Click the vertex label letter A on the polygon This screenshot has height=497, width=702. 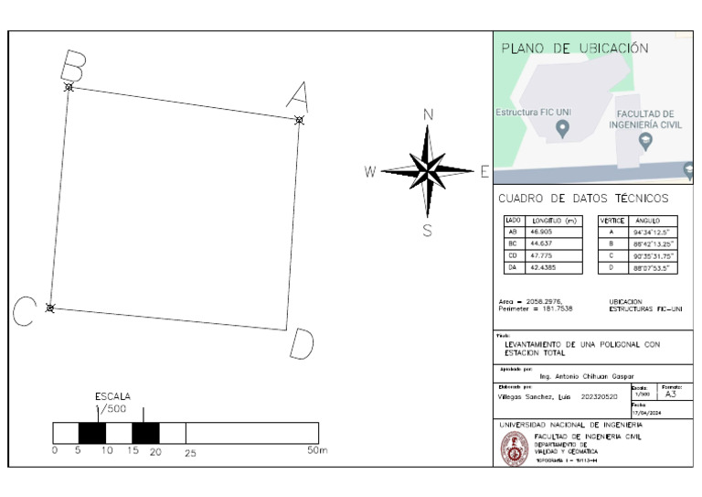tap(298, 94)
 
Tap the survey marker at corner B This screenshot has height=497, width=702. tap(69, 87)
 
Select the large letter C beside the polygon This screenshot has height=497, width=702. tap(24, 313)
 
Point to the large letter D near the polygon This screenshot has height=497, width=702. tap(301, 344)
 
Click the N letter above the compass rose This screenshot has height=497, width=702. tap(427, 114)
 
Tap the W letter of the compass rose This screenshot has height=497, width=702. tap(370, 171)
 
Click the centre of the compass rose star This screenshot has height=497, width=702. tap(427, 170)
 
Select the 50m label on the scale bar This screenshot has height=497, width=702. tap(317, 451)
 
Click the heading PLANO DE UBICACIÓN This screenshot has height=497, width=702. tap(575, 49)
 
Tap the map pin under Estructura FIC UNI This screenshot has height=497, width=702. tap(562, 129)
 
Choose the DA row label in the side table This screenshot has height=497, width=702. tap(512, 268)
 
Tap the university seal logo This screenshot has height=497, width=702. tap(513, 448)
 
